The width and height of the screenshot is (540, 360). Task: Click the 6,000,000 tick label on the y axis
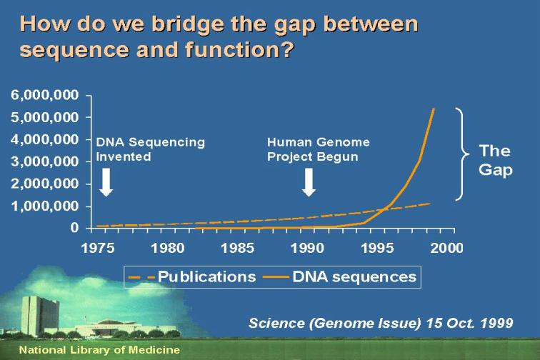click(45, 95)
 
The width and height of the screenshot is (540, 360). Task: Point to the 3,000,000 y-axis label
click(45, 161)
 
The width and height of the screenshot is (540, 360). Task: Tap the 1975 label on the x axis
click(98, 248)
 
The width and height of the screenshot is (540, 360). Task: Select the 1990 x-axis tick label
click(307, 248)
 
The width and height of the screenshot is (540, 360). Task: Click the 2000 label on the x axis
click(446, 248)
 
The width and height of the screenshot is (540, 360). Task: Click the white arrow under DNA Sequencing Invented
click(106, 182)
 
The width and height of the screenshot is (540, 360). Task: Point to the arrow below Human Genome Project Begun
click(309, 182)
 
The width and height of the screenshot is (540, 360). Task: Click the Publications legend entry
click(191, 277)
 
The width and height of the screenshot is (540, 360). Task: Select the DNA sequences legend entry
click(339, 277)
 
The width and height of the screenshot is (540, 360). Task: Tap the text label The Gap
click(496, 160)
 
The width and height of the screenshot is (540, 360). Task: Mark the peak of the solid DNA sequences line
click(434, 109)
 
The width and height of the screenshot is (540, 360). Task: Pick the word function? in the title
click(240, 49)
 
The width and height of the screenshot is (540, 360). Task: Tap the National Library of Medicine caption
click(99, 350)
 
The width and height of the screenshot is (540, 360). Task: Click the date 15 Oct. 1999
click(470, 323)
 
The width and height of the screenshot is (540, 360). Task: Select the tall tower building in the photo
click(39, 315)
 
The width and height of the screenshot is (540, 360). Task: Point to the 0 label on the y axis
click(74, 228)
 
